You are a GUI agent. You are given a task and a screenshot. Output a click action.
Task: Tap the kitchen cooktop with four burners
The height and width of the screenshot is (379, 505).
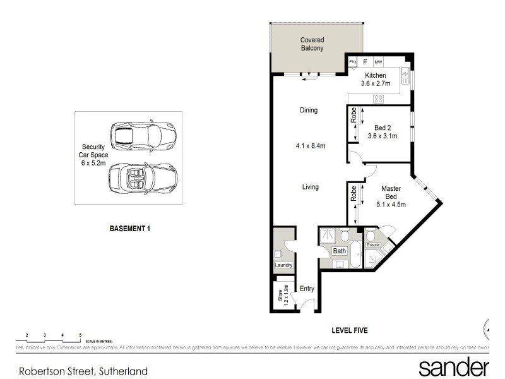(x=379, y=98)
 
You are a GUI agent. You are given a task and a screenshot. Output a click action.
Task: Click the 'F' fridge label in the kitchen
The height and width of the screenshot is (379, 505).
(x=365, y=62)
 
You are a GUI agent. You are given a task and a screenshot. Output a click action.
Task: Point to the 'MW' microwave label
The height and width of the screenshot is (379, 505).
(x=379, y=62)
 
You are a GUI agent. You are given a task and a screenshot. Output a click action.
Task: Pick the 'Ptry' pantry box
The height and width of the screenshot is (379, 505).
(x=352, y=62)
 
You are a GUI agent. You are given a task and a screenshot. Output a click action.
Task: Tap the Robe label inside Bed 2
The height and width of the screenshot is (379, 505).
(x=353, y=116)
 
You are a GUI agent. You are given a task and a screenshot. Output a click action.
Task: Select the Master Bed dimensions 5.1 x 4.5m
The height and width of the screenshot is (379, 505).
(x=390, y=203)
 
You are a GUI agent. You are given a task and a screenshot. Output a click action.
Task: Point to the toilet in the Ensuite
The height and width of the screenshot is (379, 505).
(x=370, y=236)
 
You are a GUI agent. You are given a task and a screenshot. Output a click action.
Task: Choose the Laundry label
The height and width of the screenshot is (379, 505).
(x=283, y=265)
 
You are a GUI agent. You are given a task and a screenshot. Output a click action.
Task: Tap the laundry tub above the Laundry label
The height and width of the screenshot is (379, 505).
(x=278, y=255)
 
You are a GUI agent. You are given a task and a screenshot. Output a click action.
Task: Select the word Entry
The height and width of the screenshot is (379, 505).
(x=307, y=289)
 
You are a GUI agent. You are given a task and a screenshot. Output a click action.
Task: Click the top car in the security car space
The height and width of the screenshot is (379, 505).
(x=143, y=135)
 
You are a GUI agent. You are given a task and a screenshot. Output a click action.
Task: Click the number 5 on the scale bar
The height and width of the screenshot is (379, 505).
(x=80, y=334)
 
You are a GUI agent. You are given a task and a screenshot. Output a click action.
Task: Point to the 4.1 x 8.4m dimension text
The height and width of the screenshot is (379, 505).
(x=310, y=147)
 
